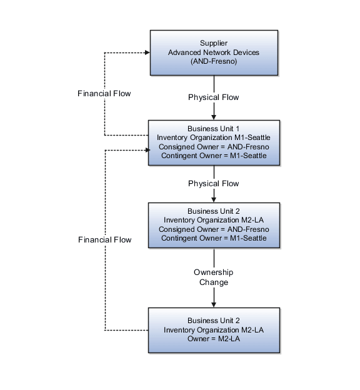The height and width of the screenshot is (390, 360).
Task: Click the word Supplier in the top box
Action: [x=214, y=43]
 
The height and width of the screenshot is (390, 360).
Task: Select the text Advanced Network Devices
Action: [x=214, y=52]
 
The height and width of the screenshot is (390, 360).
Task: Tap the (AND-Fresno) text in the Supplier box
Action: [x=214, y=61]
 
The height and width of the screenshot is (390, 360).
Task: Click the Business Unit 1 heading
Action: [x=214, y=129]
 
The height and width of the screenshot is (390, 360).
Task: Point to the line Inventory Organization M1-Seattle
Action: [x=214, y=137]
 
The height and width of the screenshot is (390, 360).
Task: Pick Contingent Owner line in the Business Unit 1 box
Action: [x=214, y=155]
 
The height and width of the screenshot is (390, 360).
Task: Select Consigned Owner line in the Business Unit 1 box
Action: [x=214, y=146]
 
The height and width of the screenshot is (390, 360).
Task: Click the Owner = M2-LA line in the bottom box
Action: [x=214, y=338]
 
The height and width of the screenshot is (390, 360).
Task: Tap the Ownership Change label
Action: [x=213, y=277]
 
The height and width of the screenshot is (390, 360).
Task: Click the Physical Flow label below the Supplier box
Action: [x=214, y=97]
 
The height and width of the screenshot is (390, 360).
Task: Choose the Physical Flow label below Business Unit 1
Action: [x=214, y=184]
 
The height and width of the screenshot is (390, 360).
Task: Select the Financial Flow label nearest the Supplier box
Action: [x=104, y=94]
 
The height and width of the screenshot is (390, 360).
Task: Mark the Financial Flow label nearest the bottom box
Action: [x=105, y=240]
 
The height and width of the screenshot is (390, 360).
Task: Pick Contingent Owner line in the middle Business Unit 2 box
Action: [x=214, y=237]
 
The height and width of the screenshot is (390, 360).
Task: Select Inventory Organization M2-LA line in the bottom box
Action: [x=214, y=329]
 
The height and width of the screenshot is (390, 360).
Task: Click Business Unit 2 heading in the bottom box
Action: [x=214, y=321]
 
